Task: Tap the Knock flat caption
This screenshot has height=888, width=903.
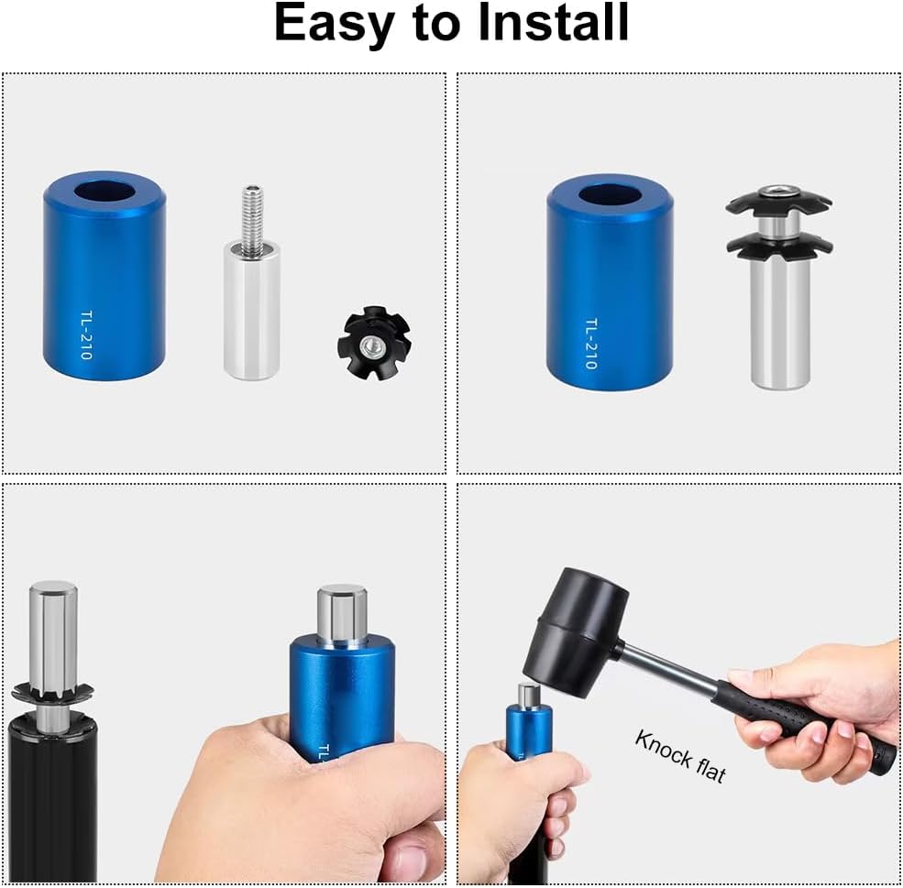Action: click(x=680, y=756)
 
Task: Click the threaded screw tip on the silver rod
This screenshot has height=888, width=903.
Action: click(x=252, y=219)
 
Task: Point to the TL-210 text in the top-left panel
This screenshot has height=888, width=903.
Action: click(x=86, y=334)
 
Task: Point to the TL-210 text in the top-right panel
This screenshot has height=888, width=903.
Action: click(x=591, y=343)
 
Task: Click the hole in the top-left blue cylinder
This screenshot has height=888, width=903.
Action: click(x=104, y=191)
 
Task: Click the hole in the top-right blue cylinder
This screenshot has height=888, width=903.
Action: click(x=610, y=195)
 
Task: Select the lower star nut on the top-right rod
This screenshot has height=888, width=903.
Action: click(x=779, y=246)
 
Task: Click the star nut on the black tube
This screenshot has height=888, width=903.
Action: click(x=52, y=688)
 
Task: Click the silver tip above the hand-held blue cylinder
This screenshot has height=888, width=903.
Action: click(x=342, y=614)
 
